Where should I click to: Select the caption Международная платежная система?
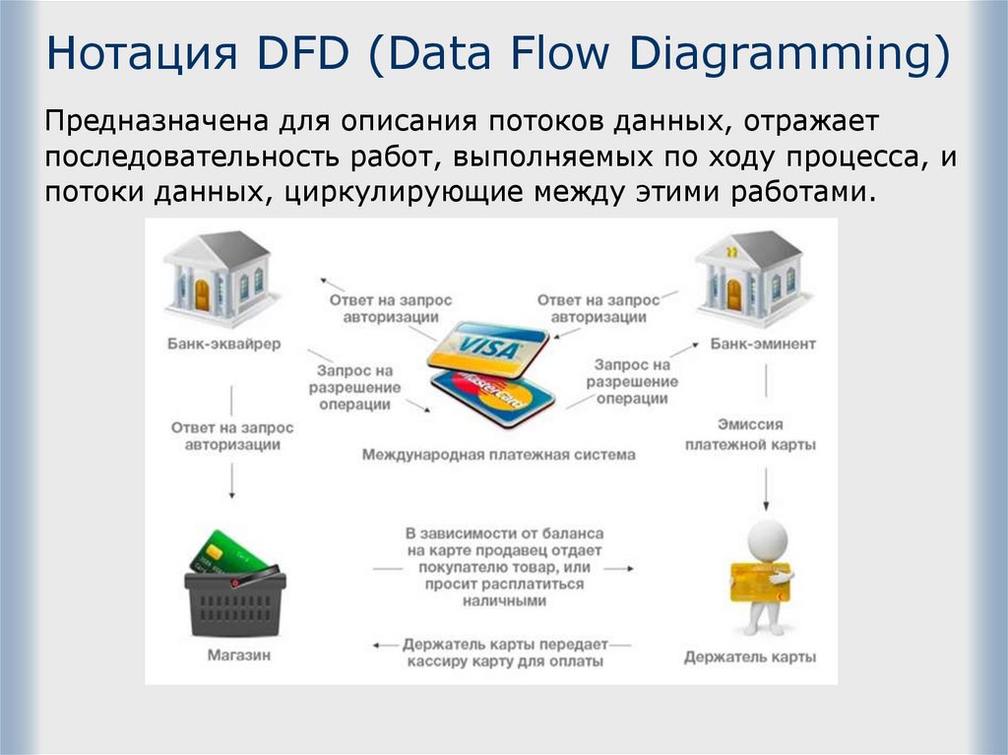click(x=498, y=455)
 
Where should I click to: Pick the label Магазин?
click(x=238, y=655)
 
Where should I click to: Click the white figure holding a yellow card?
click(x=764, y=576)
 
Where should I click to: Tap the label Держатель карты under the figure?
click(x=750, y=657)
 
